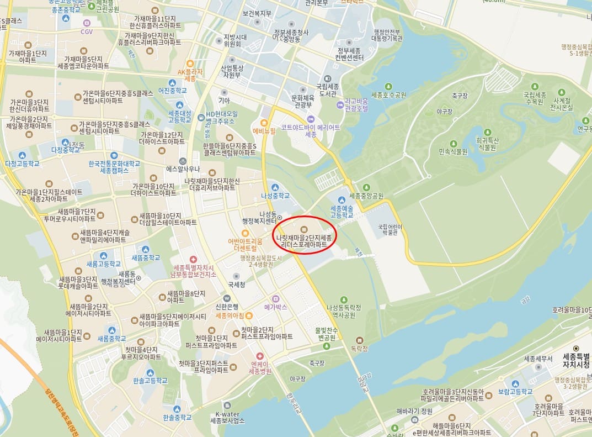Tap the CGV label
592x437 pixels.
tap(87, 31)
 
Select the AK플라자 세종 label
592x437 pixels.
tap(190, 75)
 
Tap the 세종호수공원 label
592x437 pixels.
tap(388, 95)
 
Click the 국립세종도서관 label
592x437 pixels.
tap(328, 90)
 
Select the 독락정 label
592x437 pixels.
tap(359, 349)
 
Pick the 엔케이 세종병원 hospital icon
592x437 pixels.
tap(260, 357)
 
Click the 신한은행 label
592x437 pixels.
tap(227, 307)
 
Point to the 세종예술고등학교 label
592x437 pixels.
tap(342, 212)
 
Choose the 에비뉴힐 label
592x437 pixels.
tap(264, 131)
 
